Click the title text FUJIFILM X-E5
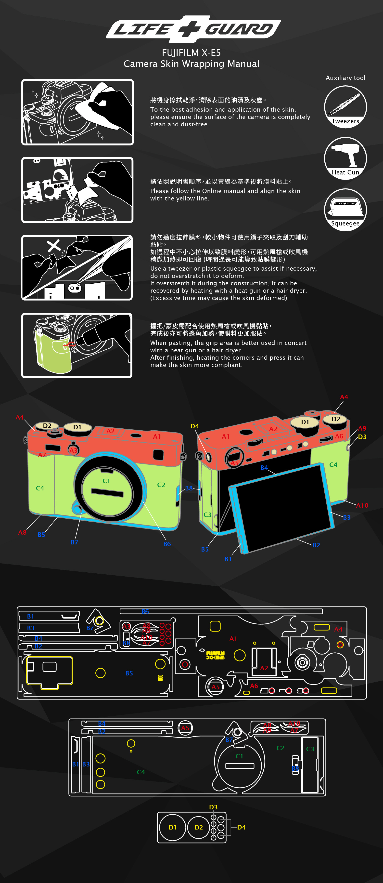pos(191,53)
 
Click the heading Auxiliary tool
pos(345,78)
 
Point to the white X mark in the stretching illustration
pos(53,245)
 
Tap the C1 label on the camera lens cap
pos(106,481)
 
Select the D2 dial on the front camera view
pos(47,426)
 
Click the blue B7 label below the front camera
pos(74,542)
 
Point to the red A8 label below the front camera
pos(22,532)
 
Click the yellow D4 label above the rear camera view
pos(195,426)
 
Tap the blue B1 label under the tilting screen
pos(228,559)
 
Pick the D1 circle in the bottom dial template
pos(172,827)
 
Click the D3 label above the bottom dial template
pos(213,807)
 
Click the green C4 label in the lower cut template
pos(141,772)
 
